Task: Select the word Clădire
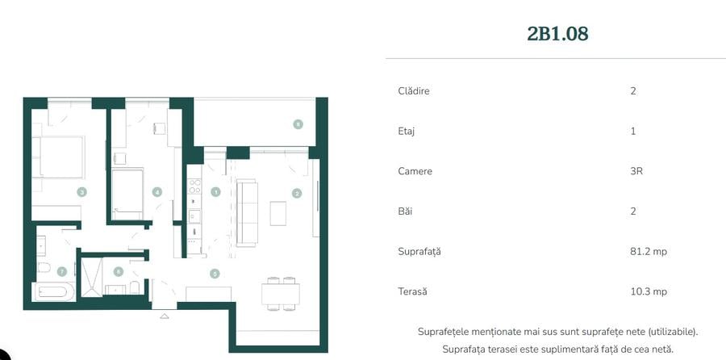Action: point(414,91)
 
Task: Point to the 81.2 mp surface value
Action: point(649,252)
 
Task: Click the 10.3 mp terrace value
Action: point(649,292)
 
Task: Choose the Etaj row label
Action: point(407,131)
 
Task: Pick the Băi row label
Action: point(406,211)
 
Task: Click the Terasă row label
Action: point(412,292)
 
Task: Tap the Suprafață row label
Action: point(419,252)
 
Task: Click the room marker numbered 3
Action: point(81,192)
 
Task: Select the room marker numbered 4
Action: point(157,192)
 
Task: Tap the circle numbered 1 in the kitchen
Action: point(215,192)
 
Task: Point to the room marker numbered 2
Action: point(297,193)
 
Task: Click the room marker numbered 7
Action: point(61,271)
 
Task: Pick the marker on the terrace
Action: point(298,124)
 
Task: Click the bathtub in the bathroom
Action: point(54,291)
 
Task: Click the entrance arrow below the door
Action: point(165,316)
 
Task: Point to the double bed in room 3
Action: point(58,157)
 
